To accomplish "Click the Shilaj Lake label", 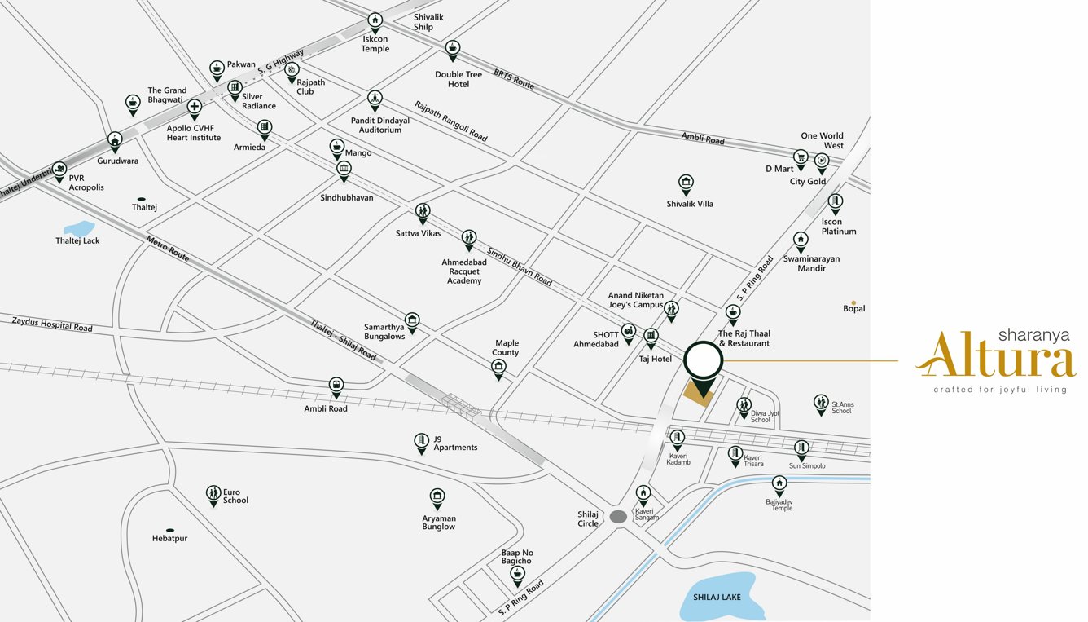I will pyautogui.click(x=717, y=598).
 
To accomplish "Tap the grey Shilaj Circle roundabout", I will pyautogui.click(x=619, y=516).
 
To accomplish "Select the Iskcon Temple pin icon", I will pyautogui.click(x=375, y=20).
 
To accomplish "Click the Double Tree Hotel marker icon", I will pyautogui.click(x=453, y=48).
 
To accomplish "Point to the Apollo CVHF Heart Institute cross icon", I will pyautogui.click(x=194, y=107).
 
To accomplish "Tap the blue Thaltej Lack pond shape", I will pyautogui.click(x=80, y=228).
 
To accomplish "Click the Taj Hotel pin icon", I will pyautogui.click(x=651, y=335).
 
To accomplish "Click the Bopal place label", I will pyautogui.click(x=854, y=308).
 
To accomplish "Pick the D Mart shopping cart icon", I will pyautogui.click(x=801, y=157).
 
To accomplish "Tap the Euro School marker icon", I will pyautogui.click(x=213, y=493).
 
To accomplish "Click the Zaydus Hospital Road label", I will pyautogui.click(x=52, y=324).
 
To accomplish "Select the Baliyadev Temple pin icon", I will pyautogui.click(x=779, y=483).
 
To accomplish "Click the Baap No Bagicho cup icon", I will pyautogui.click(x=517, y=574).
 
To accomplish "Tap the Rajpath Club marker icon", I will pyautogui.click(x=292, y=70).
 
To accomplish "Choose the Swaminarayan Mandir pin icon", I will pyautogui.click(x=801, y=240).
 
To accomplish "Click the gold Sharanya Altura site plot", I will pyautogui.click(x=697, y=391).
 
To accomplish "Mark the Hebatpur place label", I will pyautogui.click(x=169, y=538).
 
